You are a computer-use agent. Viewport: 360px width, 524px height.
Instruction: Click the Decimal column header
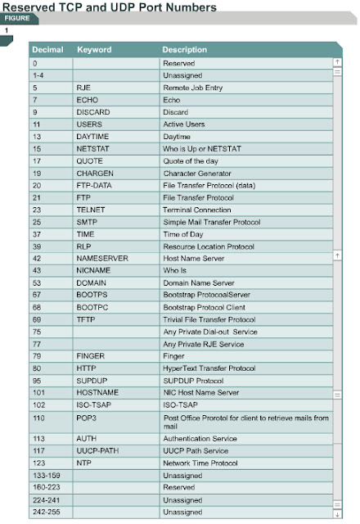click(x=47, y=50)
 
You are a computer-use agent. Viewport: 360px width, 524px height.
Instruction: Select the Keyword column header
click(x=93, y=50)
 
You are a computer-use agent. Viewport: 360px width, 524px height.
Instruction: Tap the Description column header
click(x=184, y=50)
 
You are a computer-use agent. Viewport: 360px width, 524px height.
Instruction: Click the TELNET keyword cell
click(x=91, y=209)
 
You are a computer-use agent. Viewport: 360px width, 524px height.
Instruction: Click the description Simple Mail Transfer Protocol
click(x=211, y=223)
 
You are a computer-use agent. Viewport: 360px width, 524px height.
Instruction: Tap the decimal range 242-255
click(x=43, y=512)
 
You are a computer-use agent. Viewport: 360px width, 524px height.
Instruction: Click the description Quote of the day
click(x=191, y=161)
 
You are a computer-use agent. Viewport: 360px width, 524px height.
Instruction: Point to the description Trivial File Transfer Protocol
click(x=209, y=319)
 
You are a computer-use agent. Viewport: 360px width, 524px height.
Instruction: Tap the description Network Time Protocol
click(x=200, y=463)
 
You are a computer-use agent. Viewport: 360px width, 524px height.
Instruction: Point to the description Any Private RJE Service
click(x=205, y=344)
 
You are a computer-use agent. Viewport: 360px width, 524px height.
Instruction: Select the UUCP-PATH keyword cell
click(x=98, y=450)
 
